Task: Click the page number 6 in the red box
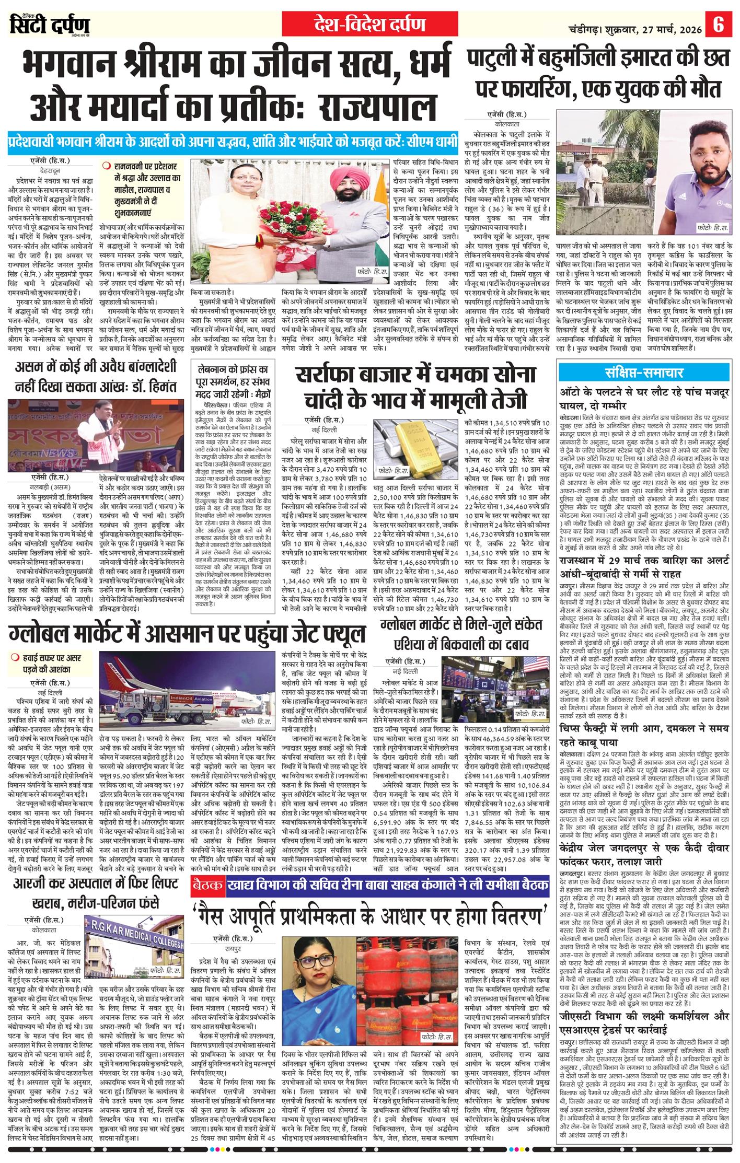point(719,25)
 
